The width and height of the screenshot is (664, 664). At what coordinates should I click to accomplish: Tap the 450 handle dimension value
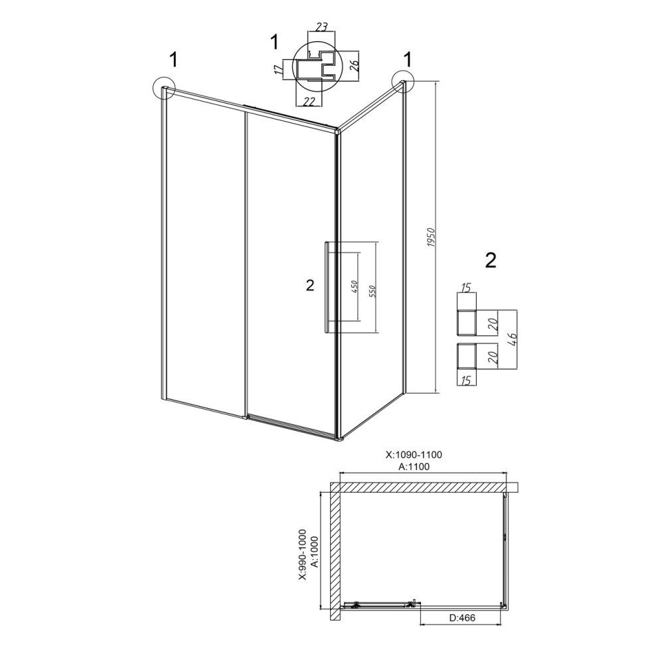355,287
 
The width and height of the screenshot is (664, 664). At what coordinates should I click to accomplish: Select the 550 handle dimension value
373,291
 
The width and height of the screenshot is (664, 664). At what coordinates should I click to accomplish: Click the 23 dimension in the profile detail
322,27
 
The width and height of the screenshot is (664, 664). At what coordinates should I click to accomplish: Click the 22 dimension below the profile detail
310,101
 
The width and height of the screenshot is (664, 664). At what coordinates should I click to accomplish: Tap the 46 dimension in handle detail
512,340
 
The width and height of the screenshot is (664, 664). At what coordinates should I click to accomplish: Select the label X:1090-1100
414,455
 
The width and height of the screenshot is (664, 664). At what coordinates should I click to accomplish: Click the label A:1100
414,467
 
